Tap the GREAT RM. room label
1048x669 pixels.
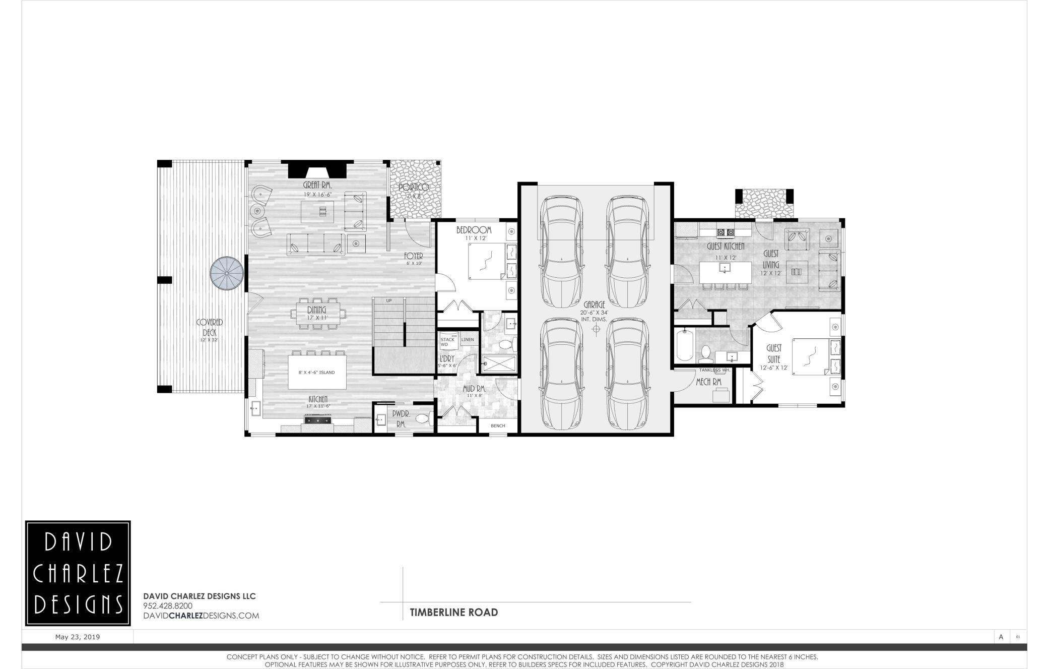pos(317,185)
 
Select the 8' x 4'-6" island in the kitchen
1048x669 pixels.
pos(317,372)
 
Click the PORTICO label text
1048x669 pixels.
pos(413,188)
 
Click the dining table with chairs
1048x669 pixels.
pos(317,314)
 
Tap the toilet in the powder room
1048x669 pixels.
pos(423,418)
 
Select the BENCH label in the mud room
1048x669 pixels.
pos(498,426)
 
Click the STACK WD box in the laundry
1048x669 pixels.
pos(447,341)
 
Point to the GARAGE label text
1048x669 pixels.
pos(595,305)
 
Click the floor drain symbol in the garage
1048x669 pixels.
pos(596,329)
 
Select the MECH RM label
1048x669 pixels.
pos(709,382)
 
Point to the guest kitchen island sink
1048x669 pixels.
pos(725,267)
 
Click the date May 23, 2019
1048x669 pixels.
pos(78,637)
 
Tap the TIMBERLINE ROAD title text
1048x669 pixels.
pos(453,612)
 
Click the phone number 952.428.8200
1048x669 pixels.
pos(168,606)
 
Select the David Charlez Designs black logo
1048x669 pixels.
pos(78,573)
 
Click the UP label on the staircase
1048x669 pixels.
pos(388,301)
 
